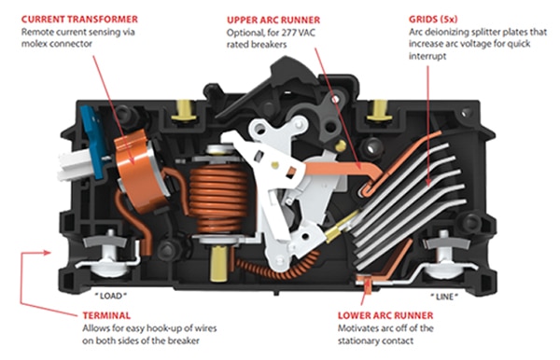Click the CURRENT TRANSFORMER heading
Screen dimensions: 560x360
79,19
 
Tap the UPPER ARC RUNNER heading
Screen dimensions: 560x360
273,20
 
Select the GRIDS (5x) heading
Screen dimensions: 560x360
433,19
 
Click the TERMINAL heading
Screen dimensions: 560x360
106,315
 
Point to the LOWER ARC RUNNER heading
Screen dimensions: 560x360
385,315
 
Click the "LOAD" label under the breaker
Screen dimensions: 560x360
110,296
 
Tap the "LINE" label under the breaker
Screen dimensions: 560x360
444,297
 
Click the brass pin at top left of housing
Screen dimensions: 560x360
184,110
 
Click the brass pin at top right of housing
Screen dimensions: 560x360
379,110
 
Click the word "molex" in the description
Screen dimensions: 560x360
33,44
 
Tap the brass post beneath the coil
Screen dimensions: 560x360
218,263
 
